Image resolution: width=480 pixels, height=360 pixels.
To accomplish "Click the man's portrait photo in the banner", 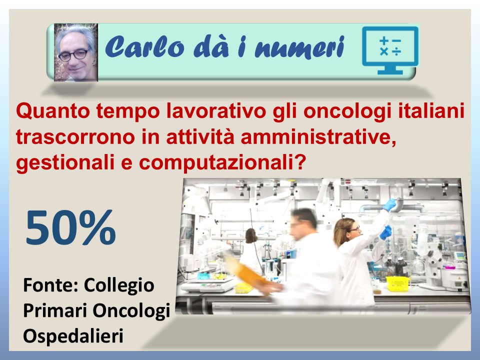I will (75, 52).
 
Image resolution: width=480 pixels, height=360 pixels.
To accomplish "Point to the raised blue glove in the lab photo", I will (389, 204).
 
